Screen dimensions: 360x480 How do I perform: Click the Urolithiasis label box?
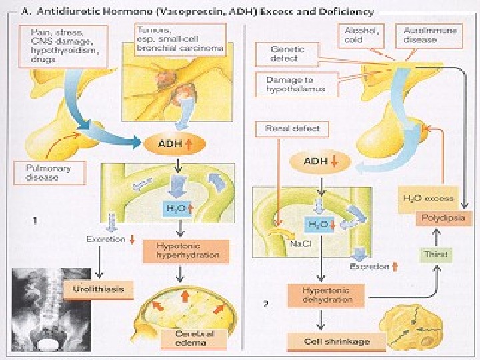[x=95, y=289]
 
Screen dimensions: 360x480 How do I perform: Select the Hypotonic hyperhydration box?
[x=181, y=250]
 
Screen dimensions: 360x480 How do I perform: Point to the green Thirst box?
[x=437, y=255]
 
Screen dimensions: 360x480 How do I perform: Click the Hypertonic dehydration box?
[x=326, y=295]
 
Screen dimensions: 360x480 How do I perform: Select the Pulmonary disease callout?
[x=49, y=173]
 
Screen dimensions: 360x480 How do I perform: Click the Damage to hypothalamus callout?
[x=291, y=84]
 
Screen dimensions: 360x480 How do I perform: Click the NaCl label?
[x=298, y=244]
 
